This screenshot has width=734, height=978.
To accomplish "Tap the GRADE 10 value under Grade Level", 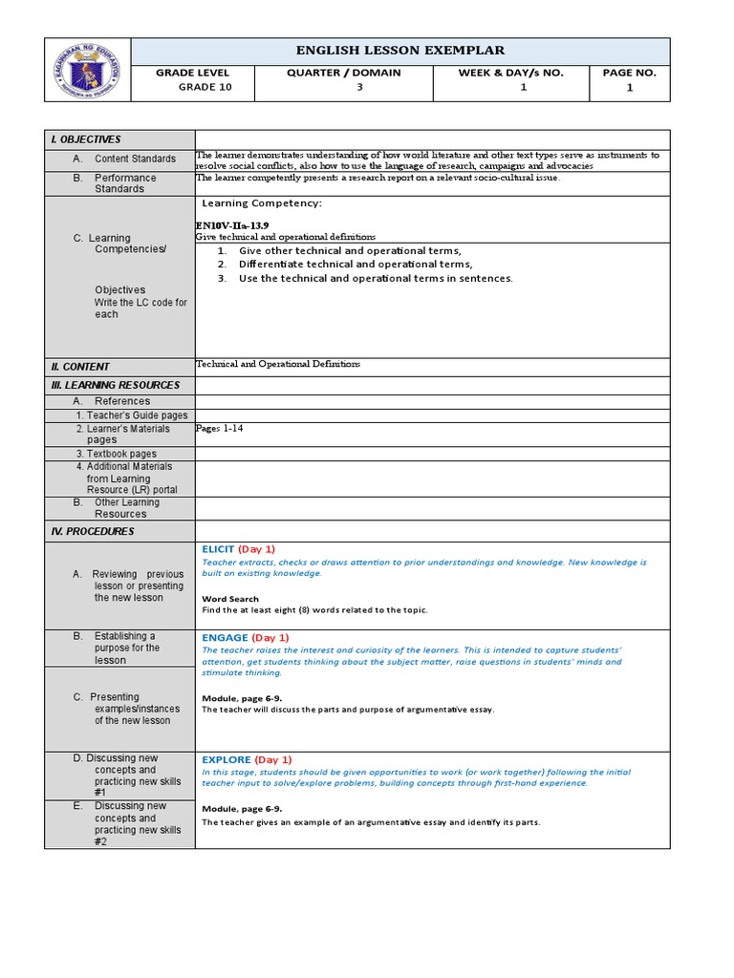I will coord(205,87).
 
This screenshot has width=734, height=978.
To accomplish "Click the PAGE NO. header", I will coord(630,73).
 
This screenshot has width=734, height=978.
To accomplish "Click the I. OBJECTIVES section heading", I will coord(86,139).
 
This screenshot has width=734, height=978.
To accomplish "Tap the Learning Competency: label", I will coord(261,203).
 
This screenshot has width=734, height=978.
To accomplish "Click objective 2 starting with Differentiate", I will coord(356,265).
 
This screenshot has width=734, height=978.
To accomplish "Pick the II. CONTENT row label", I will coord(80,367).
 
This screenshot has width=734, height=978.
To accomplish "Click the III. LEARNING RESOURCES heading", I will coord(115,385).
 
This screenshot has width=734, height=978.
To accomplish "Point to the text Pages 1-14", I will coord(219,429).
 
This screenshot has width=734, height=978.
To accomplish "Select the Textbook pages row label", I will coord(116,455).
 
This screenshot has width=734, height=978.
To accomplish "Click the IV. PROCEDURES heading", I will coord(93,531).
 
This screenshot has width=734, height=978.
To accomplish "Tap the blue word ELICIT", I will coord(218,549).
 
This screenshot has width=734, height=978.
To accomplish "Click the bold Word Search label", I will coord(230,599).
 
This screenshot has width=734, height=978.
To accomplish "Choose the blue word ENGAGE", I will coord(225,637).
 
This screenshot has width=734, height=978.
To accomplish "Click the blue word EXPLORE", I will coord(227,759).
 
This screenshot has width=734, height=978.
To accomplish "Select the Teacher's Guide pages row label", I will coord(132,415).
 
